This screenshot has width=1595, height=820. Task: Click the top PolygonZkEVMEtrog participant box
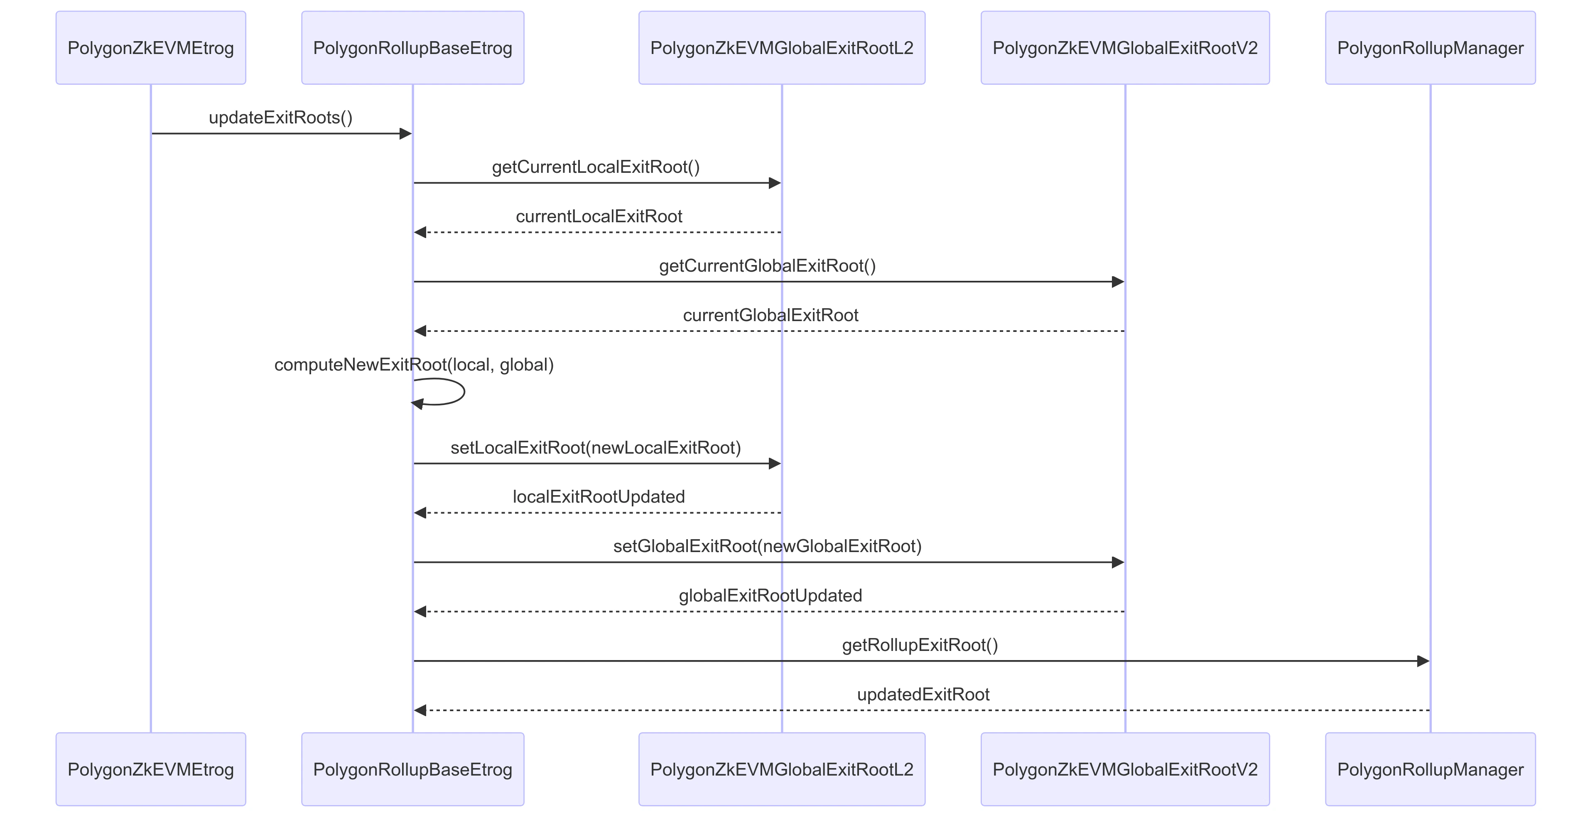[x=150, y=48]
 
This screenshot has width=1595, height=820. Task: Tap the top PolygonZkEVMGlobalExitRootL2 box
[x=781, y=48]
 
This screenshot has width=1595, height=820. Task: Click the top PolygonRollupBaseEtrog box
[x=412, y=48]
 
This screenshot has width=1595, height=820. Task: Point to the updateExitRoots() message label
[x=280, y=118]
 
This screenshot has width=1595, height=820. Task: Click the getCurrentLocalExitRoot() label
[x=596, y=167]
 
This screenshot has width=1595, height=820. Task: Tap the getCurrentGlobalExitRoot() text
[x=767, y=266]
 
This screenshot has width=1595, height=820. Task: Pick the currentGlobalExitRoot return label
[x=770, y=315]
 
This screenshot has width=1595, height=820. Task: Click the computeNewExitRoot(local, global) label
[x=414, y=365]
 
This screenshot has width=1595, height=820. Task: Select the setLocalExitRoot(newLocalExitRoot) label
[x=596, y=448]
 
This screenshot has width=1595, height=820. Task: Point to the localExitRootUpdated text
[x=599, y=497]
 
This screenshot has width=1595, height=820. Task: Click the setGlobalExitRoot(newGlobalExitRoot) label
[x=767, y=546]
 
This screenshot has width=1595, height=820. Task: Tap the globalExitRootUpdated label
[x=770, y=596]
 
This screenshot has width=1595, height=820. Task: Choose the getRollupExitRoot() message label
[x=920, y=646]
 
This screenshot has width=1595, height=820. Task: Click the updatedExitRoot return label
[x=923, y=694]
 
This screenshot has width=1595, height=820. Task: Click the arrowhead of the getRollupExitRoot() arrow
[x=1423, y=661]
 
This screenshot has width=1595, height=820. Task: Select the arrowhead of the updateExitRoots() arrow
[x=405, y=134]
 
